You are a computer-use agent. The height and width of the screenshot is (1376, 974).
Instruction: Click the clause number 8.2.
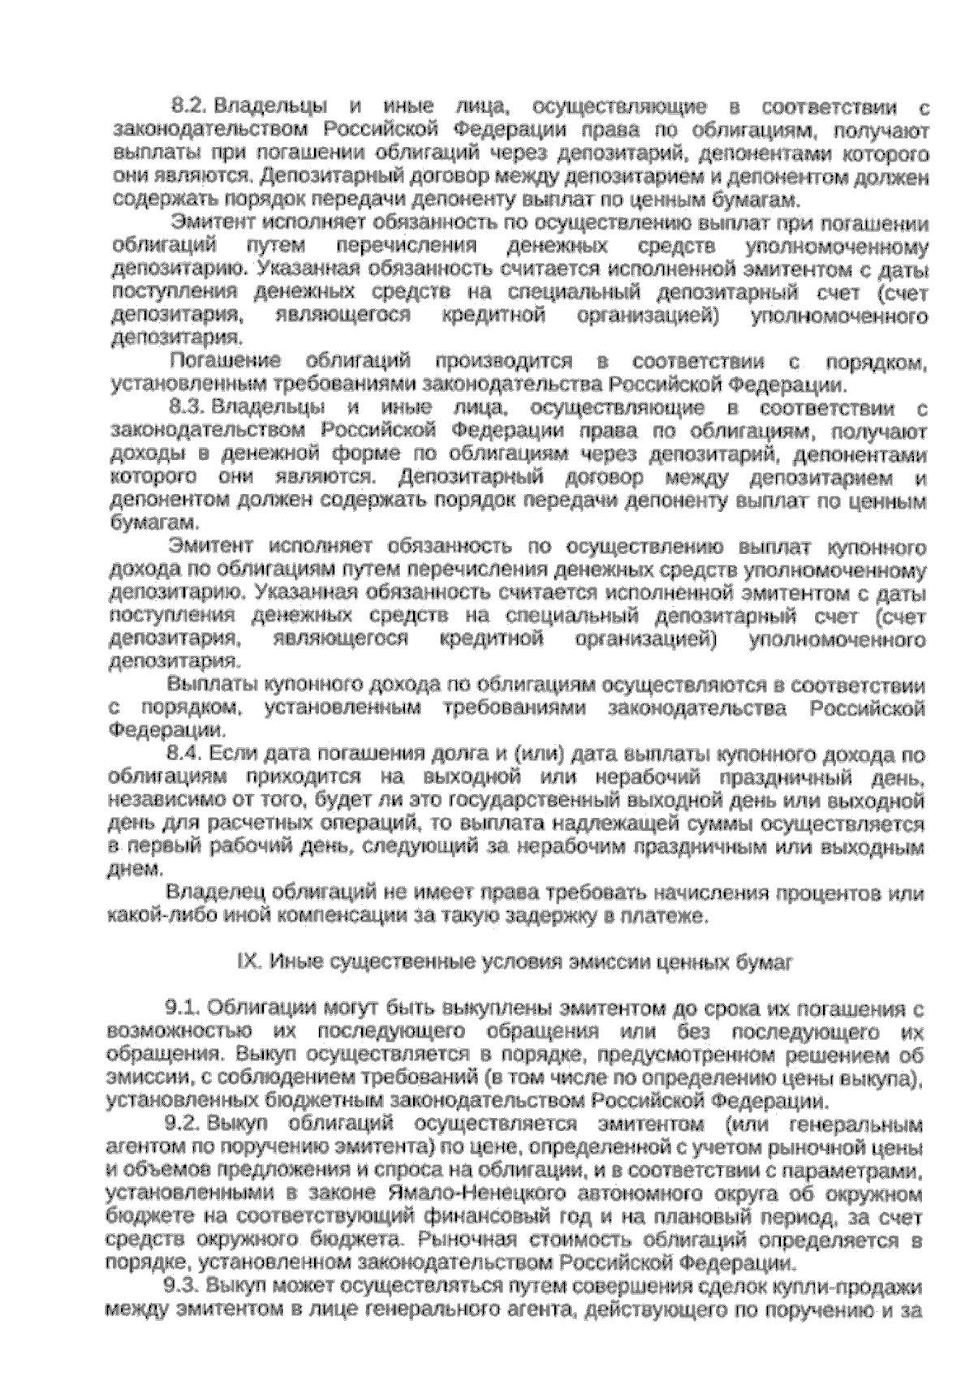click(x=190, y=106)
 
